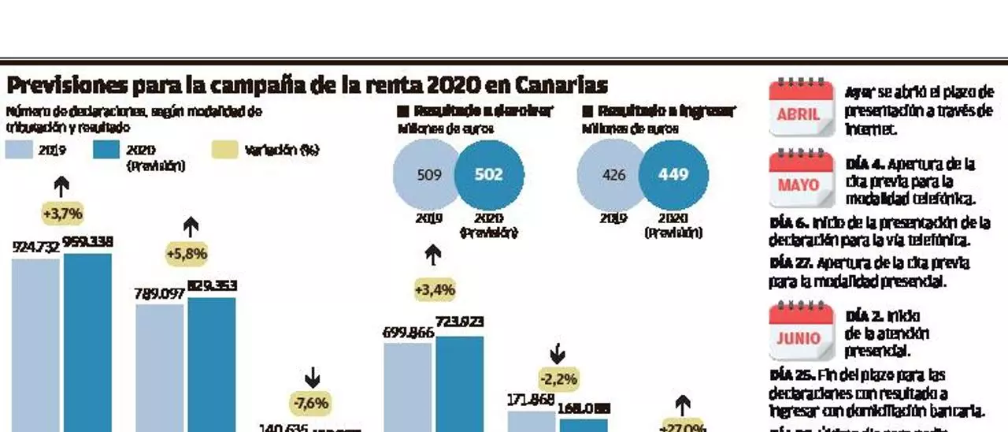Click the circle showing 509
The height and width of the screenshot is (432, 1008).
point(428,175)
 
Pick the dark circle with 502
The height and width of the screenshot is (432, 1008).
point(488,175)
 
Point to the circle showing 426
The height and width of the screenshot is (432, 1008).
point(613,175)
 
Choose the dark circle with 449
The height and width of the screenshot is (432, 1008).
point(673,175)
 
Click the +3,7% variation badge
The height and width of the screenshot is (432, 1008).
point(63,214)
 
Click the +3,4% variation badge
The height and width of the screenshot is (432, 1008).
point(435,289)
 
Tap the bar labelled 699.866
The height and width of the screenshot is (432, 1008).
point(408,386)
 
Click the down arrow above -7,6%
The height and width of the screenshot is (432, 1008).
point(312,377)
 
